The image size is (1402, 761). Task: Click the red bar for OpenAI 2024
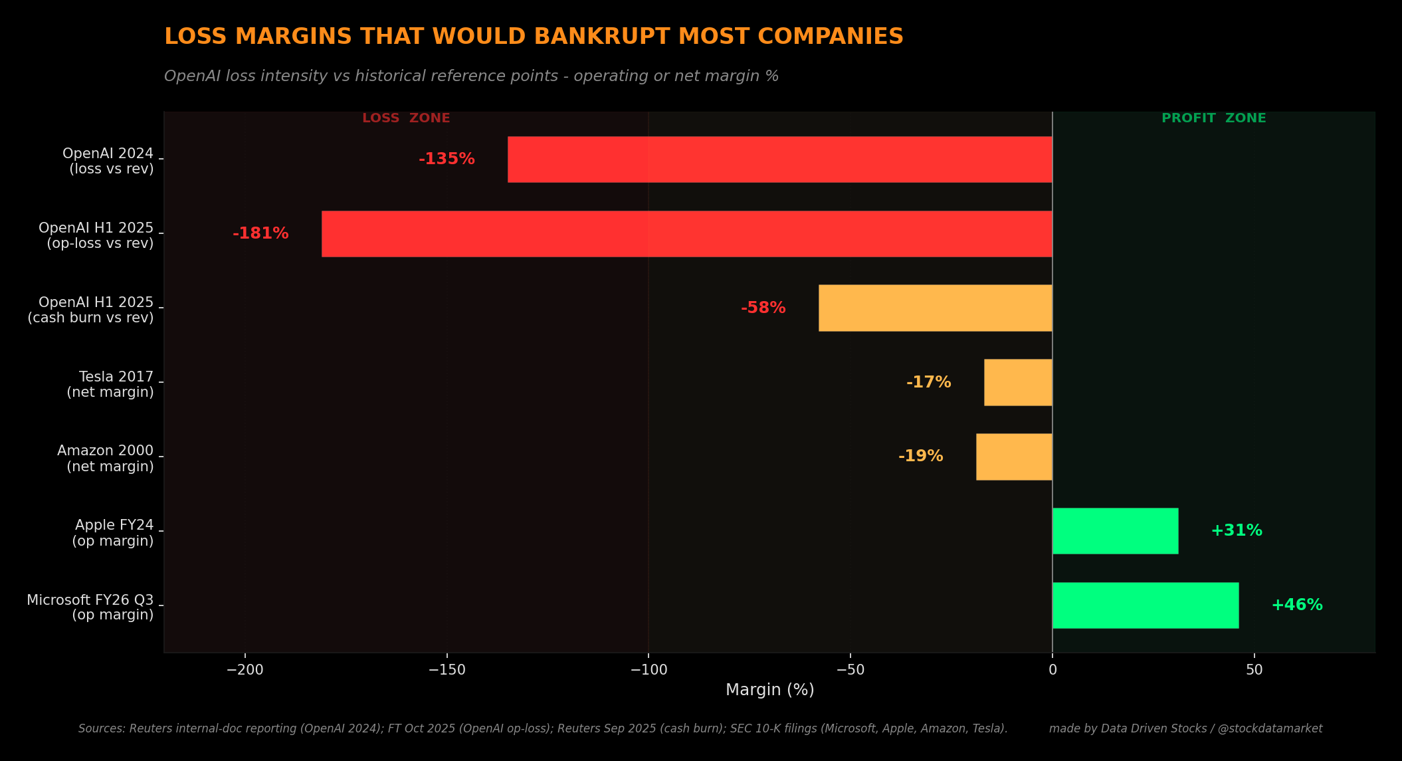pyautogui.click(x=780, y=160)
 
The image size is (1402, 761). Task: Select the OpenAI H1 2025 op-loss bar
pyautogui.click(x=687, y=234)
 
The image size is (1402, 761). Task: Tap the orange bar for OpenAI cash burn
pyautogui.click(x=936, y=308)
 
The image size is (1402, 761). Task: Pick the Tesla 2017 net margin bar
pyautogui.click(x=1018, y=382)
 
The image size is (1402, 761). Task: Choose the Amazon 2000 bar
pyautogui.click(x=1014, y=457)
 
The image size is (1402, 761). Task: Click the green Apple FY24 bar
pyautogui.click(x=1115, y=531)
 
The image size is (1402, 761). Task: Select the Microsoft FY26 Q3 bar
pyautogui.click(x=1146, y=605)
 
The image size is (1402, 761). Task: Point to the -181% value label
pyautogui.click(x=260, y=234)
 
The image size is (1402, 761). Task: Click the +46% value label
pyautogui.click(x=1296, y=605)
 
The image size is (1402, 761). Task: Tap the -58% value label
pyautogui.click(x=763, y=308)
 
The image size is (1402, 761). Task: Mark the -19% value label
pyautogui.click(x=920, y=457)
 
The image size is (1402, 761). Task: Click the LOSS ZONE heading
pyautogui.click(x=406, y=118)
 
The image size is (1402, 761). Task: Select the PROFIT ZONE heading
pyautogui.click(x=1213, y=118)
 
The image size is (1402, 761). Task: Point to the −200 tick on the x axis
pyautogui.click(x=245, y=670)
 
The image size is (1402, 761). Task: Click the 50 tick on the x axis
pyautogui.click(x=1254, y=670)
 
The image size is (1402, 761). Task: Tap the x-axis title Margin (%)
pyautogui.click(x=769, y=690)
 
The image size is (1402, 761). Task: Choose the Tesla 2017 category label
pyautogui.click(x=110, y=385)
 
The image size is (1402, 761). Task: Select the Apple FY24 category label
pyautogui.click(x=113, y=533)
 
